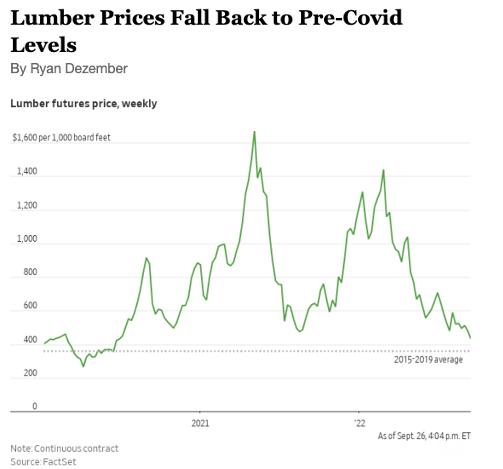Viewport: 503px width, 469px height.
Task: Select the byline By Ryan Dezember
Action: point(69,68)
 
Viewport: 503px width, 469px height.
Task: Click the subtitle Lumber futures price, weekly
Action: point(84,104)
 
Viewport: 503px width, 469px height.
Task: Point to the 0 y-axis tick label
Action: point(34,407)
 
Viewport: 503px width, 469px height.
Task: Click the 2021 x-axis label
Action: point(200,423)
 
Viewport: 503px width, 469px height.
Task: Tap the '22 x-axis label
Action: point(359,423)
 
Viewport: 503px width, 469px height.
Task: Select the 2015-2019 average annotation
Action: point(428,360)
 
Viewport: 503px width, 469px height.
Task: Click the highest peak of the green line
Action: point(254,132)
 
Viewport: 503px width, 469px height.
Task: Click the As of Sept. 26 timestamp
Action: point(424,436)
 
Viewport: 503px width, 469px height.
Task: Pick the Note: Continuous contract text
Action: point(64,449)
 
